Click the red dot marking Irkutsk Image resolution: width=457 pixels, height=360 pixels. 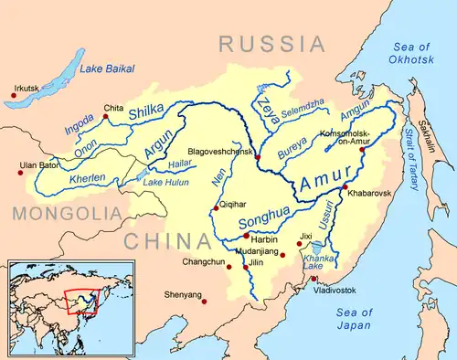coord(9,95)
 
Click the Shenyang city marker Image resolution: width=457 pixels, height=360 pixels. coord(204,302)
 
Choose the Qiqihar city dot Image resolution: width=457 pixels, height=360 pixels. coord(216,207)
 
